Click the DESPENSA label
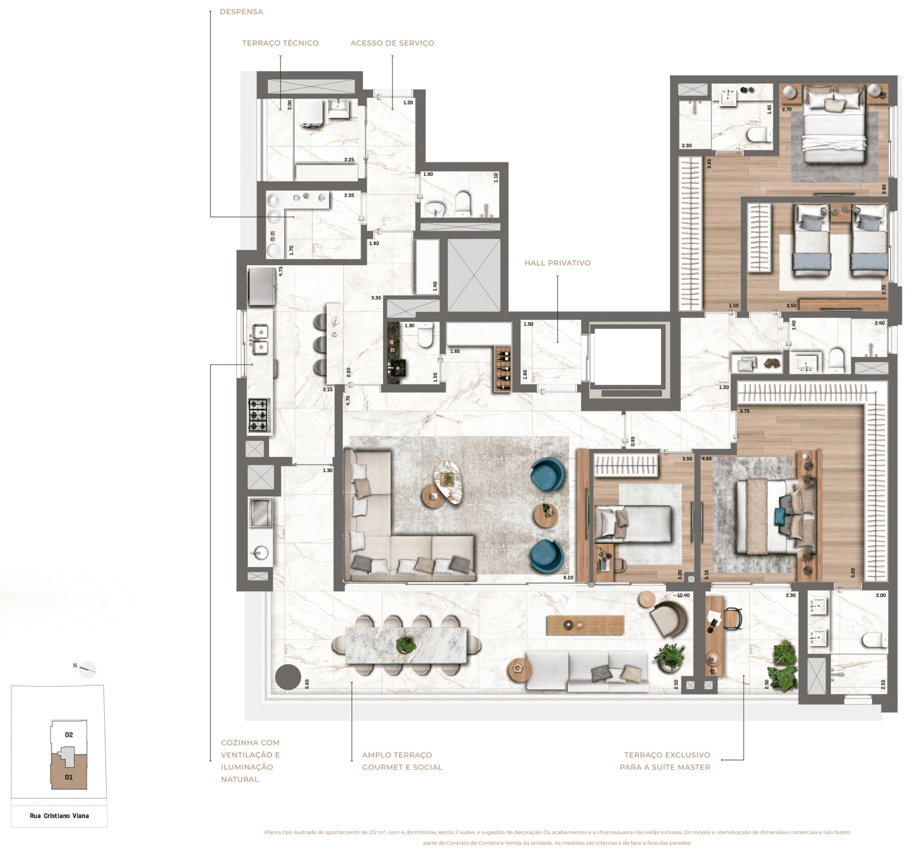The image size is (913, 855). tap(241, 11)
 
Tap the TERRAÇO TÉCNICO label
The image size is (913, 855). tap(280, 43)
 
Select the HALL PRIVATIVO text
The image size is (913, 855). tap(557, 263)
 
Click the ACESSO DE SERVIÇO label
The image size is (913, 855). tap(392, 43)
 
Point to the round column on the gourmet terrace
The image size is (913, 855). tap(288, 677)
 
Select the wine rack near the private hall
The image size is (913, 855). tap(503, 369)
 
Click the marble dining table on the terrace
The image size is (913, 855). tap(406, 645)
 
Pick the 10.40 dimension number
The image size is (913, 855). tap(683, 595)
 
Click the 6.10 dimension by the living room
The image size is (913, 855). tap(568, 577)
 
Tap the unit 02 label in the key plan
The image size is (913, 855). tap(69, 735)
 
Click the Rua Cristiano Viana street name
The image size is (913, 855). tap(59, 816)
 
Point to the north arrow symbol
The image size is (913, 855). tap(88, 669)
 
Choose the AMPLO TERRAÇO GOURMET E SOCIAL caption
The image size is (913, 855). tap(402, 760)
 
